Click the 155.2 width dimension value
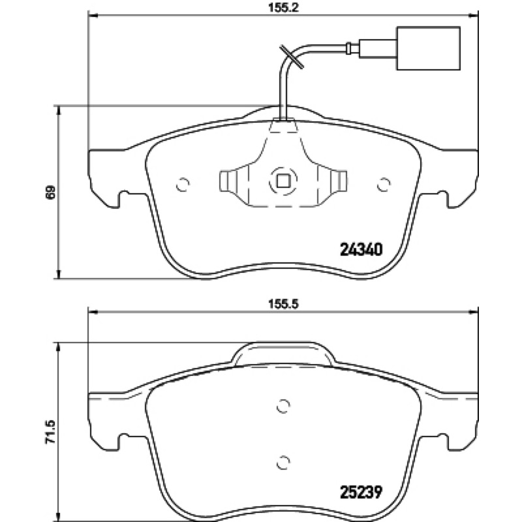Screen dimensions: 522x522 (283, 7)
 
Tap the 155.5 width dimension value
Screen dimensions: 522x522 (284, 304)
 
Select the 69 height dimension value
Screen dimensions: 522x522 (50, 192)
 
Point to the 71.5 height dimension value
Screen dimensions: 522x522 (50, 432)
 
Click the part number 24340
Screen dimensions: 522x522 (361, 249)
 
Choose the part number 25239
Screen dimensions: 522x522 (361, 492)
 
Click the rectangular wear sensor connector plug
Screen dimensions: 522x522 (429, 48)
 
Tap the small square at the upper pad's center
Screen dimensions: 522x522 (283, 181)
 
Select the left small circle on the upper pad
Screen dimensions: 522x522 (183, 185)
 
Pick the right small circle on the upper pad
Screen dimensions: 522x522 (384, 185)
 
